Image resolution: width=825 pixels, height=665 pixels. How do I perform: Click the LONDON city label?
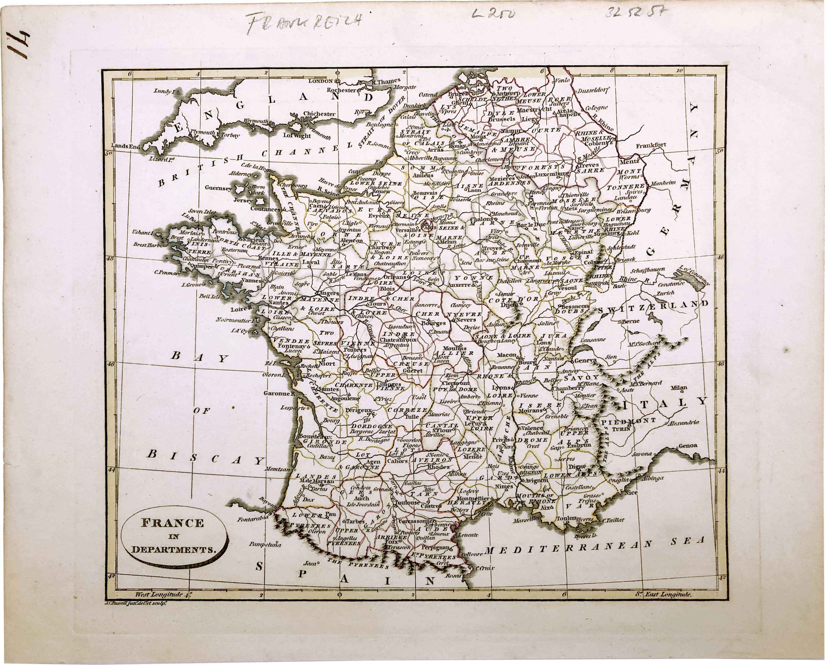click(x=321, y=81)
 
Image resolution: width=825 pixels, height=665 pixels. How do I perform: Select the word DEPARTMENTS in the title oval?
click(x=173, y=550)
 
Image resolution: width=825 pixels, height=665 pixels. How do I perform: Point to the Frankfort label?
click(x=651, y=145)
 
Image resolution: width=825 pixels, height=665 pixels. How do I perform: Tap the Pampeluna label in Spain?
click(x=265, y=544)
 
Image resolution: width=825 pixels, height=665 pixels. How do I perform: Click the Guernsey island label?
click(x=218, y=188)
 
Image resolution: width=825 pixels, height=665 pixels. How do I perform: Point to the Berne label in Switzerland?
click(x=630, y=321)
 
